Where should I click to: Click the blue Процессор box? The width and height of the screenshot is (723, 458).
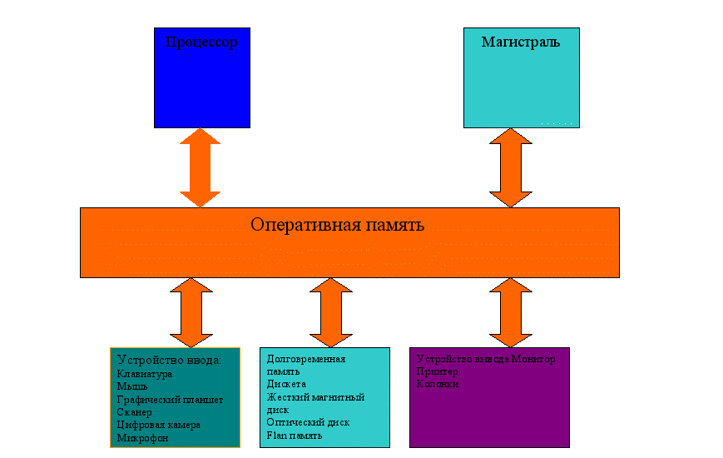pyautogui.click(x=201, y=77)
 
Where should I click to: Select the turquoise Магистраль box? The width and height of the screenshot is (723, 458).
pyautogui.click(x=521, y=77)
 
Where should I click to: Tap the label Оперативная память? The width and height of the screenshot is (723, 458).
pyautogui.click(x=337, y=225)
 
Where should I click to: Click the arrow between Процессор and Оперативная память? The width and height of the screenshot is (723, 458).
pyautogui.click(x=201, y=167)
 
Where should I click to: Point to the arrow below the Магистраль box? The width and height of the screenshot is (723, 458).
pyautogui.click(x=510, y=167)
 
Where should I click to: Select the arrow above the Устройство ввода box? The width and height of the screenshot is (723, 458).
pyautogui.click(x=191, y=312)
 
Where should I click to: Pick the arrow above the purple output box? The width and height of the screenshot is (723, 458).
pyautogui.click(x=510, y=312)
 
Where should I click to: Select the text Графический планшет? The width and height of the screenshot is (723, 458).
pyautogui.click(x=170, y=400)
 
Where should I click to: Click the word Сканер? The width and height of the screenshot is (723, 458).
pyautogui.click(x=135, y=412)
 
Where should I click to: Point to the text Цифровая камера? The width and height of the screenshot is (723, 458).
pyautogui.click(x=159, y=425)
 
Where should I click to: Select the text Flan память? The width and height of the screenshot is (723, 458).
pyautogui.click(x=295, y=435)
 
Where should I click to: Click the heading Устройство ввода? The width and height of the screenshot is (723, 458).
pyautogui.click(x=169, y=360)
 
